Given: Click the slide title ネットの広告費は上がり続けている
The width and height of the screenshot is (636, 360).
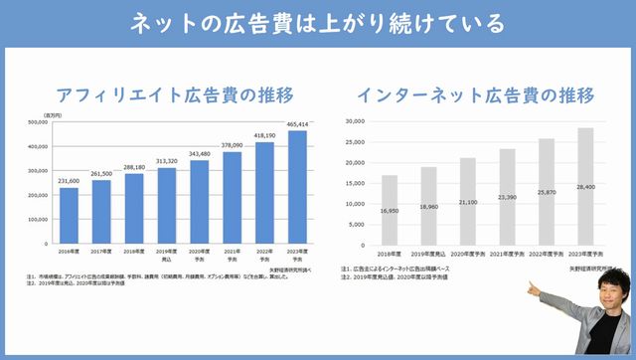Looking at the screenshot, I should (318, 23).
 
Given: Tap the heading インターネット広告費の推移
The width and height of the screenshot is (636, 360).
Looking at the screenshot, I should (476, 95).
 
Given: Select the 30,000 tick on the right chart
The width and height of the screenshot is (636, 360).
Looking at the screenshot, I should (354, 121).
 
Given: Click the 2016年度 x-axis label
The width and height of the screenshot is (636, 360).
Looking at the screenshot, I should (69, 253).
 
